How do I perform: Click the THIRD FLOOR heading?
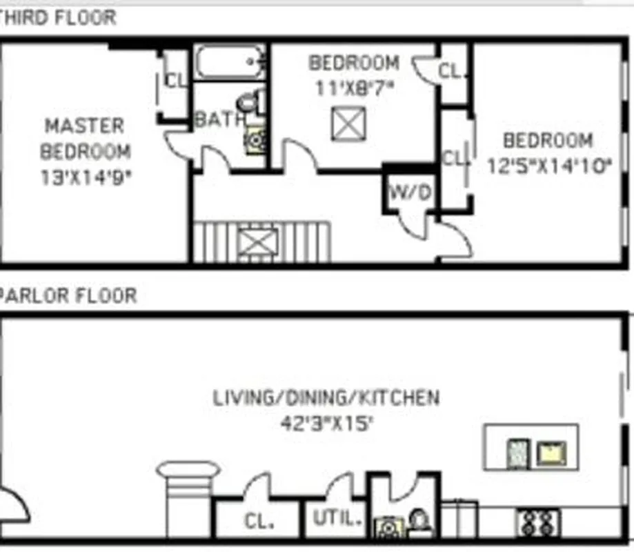pyautogui.click(x=58, y=17)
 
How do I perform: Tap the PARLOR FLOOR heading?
pyautogui.click(x=68, y=296)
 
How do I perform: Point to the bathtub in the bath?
pyautogui.click(x=230, y=63)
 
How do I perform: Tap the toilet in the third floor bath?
pyautogui.click(x=251, y=102)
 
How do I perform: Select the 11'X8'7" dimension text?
pyautogui.click(x=353, y=88)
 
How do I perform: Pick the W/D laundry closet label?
pyautogui.click(x=410, y=193)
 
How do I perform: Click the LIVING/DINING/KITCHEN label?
pyautogui.click(x=326, y=397)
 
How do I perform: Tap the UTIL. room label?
pyautogui.click(x=337, y=518)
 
